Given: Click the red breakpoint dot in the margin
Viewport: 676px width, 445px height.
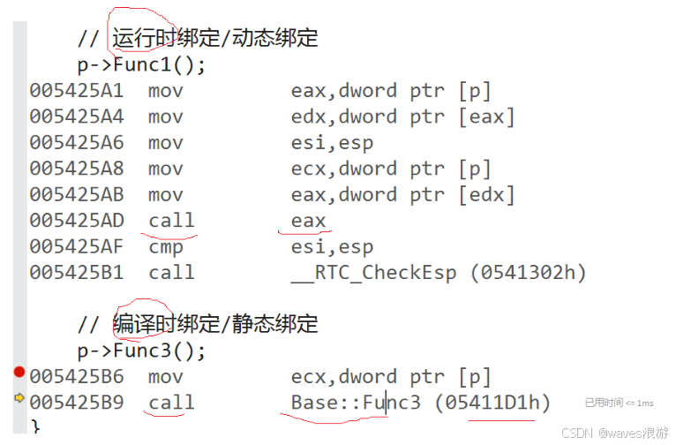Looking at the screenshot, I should point(19,373).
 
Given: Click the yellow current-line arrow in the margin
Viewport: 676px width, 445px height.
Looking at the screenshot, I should point(19,398).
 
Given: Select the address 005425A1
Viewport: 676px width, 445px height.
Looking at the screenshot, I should point(77,91).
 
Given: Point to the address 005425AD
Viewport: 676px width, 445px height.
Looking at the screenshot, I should point(77,221).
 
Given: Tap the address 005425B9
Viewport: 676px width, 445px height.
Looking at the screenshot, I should point(77,404).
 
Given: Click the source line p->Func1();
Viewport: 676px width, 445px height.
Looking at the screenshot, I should point(141,64).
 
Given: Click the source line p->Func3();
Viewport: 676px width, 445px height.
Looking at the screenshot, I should point(141,351).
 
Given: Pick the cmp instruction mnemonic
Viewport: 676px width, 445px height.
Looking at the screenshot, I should point(165,247).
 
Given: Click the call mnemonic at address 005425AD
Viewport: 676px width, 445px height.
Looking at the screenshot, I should point(171,221).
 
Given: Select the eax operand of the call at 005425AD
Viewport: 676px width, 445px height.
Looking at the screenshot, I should point(308,221).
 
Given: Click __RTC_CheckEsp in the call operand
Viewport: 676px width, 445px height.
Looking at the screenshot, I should point(374,273).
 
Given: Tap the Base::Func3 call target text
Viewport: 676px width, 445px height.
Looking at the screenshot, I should point(357,404).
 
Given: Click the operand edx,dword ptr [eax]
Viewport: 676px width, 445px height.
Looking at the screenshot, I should point(402,117).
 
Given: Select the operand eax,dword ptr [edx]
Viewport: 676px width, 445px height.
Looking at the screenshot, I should point(402,195).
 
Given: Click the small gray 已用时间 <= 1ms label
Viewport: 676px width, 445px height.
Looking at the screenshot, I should point(619,403).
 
